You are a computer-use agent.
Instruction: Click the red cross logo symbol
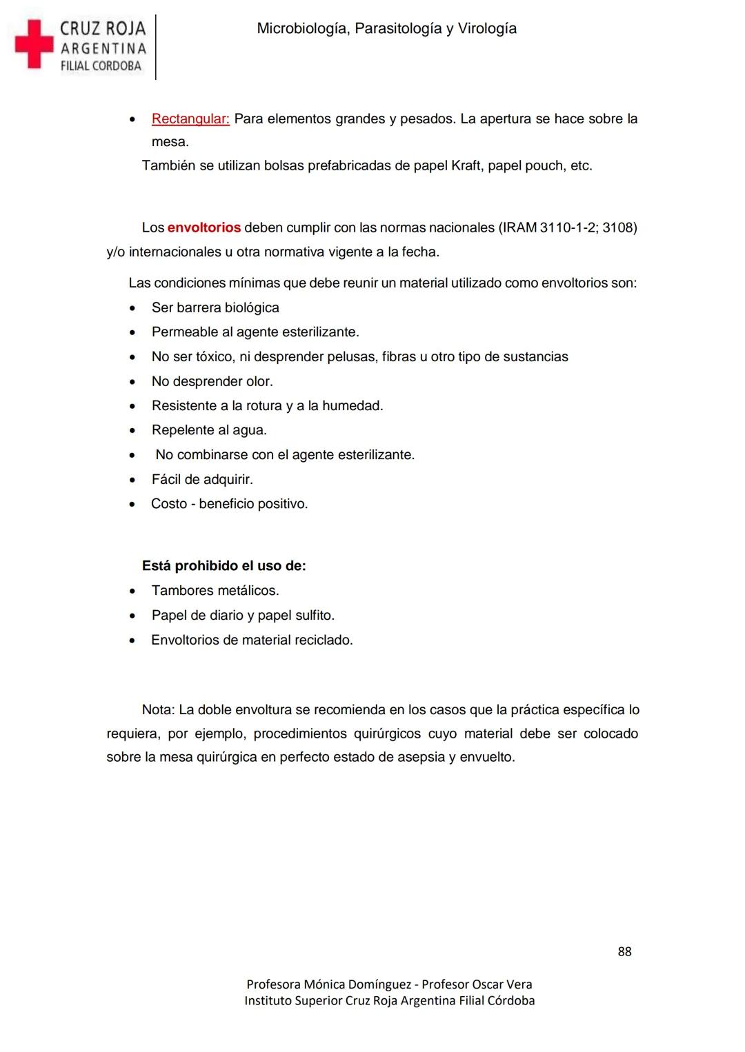click(34, 44)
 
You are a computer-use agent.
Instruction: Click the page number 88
click(624, 951)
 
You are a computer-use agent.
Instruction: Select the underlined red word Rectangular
click(190, 119)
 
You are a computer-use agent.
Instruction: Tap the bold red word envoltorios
click(204, 227)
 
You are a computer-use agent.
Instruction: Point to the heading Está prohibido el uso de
click(223, 566)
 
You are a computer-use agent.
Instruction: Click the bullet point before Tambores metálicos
click(132, 591)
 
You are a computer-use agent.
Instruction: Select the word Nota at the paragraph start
click(158, 709)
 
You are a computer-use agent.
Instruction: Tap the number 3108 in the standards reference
click(617, 227)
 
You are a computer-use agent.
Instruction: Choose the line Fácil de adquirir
click(202, 479)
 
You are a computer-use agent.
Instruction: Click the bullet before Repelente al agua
click(132, 431)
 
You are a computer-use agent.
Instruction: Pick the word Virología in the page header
click(487, 28)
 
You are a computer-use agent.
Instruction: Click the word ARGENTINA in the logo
click(103, 48)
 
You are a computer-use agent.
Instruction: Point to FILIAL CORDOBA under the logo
click(101, 66)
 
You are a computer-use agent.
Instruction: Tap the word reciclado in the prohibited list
click(324, 640)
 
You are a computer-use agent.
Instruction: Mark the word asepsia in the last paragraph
click(421, 757)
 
